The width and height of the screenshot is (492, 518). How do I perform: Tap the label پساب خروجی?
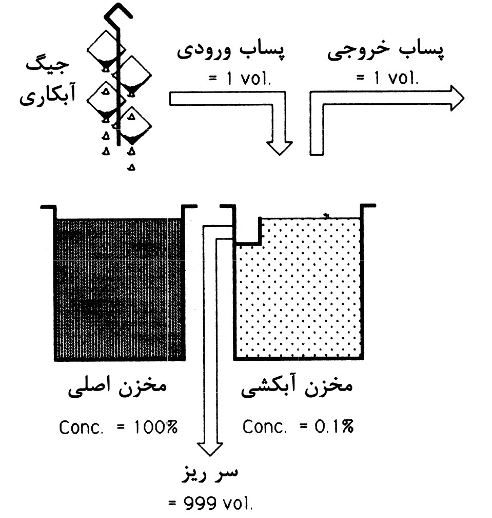[385, 53]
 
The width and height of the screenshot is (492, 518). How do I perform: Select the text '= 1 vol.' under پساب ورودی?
[240, 79]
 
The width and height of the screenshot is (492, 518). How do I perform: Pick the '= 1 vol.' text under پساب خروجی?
[387, 78]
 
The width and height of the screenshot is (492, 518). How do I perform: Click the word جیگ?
[48, 65]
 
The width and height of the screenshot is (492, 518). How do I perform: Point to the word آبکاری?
[48, 95]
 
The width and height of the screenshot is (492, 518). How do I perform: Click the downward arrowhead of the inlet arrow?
[279, 148]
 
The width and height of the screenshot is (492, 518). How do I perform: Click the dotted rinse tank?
[298, 287]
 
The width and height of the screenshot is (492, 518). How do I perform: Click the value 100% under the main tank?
[155, 427]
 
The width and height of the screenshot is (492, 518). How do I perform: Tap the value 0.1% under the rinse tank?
[333, 426]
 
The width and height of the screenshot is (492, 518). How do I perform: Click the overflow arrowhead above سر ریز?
[210, 449]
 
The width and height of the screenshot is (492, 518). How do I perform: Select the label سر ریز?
[210, 474]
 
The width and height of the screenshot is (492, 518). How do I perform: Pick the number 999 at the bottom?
[200, 503]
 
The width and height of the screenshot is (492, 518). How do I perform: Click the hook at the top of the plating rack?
[117, 15]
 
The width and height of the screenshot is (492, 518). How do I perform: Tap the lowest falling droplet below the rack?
[131, 167]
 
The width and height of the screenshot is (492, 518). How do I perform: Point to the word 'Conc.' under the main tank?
[81, 427]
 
